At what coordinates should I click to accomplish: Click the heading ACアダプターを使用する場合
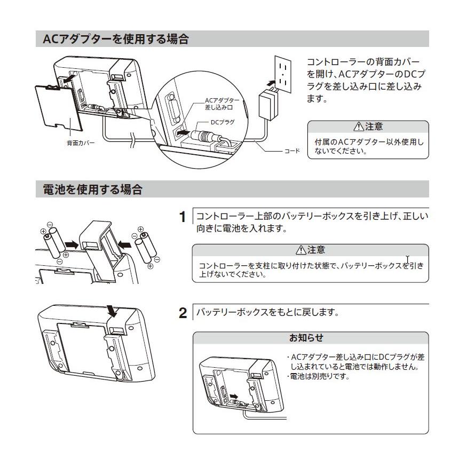[115, 39]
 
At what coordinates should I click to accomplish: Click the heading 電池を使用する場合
[92, 189]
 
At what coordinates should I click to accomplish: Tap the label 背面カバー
[81, 144]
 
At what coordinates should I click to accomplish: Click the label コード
[290, 151]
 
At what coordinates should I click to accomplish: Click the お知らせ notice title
[306, 338]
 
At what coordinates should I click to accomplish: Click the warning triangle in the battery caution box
[299, 250]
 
